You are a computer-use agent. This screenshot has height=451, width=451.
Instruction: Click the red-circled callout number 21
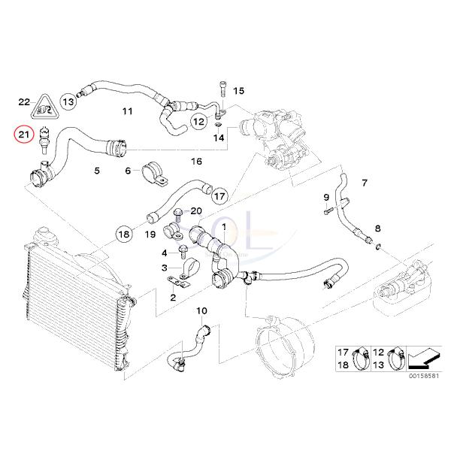click(x=24, y=135)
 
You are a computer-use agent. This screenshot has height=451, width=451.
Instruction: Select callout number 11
click(x=127, y=112)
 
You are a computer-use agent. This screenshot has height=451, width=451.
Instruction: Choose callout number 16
click(x=196, y=162)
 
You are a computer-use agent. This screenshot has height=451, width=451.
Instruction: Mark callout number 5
click(x=96, y=171)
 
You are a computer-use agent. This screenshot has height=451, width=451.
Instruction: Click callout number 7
click(x=365, y=183)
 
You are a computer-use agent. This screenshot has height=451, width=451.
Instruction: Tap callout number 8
click(x=378, y=228)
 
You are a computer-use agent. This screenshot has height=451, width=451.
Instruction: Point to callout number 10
click(x=201, y=310)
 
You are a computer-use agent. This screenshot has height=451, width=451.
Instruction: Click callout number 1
click(x=222, y=226)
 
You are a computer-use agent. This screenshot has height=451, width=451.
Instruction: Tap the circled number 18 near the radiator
click(x=125, y=234)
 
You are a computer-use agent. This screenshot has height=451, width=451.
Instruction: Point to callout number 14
click(x=219, y=138)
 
